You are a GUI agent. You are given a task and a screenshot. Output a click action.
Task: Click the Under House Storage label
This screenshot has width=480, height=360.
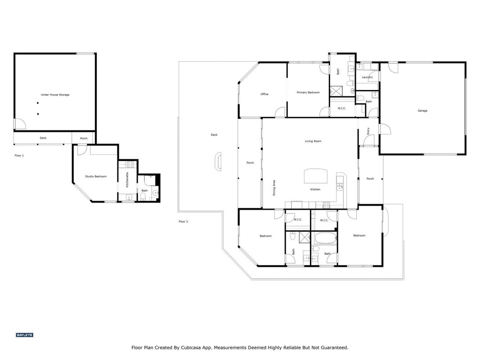coord(55,95)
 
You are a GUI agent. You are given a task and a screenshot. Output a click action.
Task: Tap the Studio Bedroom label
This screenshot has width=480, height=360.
coord(96,177)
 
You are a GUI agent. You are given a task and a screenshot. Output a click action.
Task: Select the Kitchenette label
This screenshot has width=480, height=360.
coord(127,180)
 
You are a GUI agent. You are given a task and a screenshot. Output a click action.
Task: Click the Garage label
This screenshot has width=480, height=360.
coord(422,111)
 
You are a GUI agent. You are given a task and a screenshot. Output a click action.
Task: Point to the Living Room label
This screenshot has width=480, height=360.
coord(313,141)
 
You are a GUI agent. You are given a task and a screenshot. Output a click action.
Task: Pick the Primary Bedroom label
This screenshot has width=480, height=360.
coord(308,92)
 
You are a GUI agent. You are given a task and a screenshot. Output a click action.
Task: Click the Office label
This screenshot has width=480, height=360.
coord(265,94)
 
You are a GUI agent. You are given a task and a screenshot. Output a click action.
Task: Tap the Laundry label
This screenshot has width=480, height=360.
coord(367,77)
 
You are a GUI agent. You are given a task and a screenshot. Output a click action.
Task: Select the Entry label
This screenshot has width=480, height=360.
coord(368,130)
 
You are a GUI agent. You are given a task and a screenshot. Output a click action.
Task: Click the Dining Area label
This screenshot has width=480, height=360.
coord(274,188)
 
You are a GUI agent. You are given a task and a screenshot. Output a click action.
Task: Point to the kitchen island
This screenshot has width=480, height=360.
coord(315,175)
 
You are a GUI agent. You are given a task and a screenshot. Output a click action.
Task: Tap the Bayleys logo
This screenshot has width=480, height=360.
coord(24,335)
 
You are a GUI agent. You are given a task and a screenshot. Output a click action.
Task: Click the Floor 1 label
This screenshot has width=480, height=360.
coord(19,156)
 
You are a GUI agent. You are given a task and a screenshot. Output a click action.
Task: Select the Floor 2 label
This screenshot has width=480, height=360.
coord(183,222)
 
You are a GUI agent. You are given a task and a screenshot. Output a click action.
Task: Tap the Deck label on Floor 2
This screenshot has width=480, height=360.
coord(214,135)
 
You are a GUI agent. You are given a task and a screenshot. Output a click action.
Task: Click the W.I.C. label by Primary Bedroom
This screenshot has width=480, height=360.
coord(341,108)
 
